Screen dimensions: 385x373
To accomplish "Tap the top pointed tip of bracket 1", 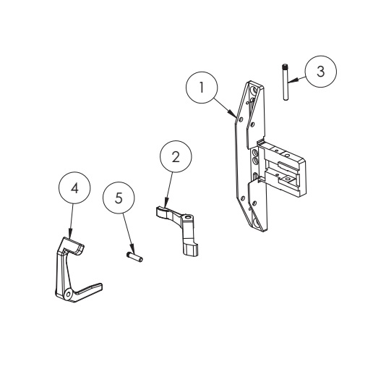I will [249, 80].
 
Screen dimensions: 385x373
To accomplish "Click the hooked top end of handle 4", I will [77, 247].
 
